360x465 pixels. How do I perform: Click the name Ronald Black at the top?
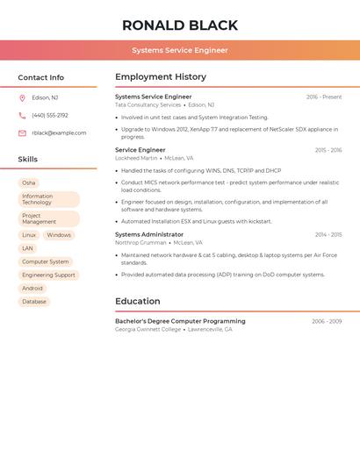tap(180, 25)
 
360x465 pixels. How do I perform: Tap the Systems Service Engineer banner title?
tap(180, 50)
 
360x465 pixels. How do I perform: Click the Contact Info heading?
tap(41, 77)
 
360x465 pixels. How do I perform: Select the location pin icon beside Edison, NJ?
tap(22, 98)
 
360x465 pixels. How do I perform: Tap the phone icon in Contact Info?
tap(22, 116)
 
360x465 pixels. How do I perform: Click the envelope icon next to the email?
tap(22, 133)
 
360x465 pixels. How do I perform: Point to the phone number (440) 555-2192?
tap(50, 116)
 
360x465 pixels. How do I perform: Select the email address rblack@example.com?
tap(59, 133)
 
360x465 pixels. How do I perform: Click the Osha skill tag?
tap(29, 182)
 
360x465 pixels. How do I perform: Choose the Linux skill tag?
tap(29, 235)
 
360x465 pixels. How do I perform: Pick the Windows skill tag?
tap(59, 235)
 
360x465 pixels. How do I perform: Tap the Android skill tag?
tap(32, 288)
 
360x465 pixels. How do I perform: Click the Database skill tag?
tap(34, 302)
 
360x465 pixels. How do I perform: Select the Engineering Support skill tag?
tap(48, 275)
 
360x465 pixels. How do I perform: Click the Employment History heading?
tap(161, 77)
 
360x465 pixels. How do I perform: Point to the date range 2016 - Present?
tap(324, 97)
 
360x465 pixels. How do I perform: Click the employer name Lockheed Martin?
tap(136, 159)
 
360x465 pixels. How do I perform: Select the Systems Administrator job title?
tap(149, 235)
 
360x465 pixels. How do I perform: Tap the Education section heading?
tap(137, 302)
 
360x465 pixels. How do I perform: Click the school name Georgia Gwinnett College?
tap(148, 330)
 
